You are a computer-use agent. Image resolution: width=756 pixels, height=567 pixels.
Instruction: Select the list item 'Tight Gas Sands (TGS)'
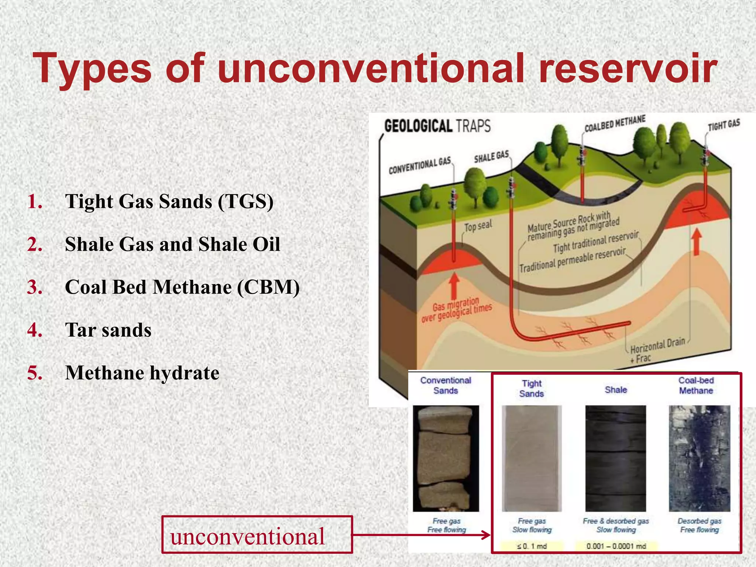pyautogui.click(x=169, y=202)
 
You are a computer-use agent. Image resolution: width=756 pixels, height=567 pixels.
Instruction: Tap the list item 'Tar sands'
pyautogui.click(x=108, y=330)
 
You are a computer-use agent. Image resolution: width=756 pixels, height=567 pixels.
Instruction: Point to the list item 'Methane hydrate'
pyautogui.click(x=142, y=372)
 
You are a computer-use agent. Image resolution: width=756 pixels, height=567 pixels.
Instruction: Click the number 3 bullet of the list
pyautogui.click(x=35, y=287)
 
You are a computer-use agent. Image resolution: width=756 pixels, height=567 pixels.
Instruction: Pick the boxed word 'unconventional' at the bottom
pyautogui.click(x=247, y=536)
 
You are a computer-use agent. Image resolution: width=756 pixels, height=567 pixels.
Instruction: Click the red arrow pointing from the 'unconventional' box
pyautogui.click(x=421, y=535)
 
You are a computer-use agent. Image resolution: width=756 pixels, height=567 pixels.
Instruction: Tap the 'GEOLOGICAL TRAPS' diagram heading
pyautogui.click(x=437, y=126)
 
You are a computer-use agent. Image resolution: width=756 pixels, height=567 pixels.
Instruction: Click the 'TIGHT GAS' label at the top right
pyautogui.click(x=724, y=125)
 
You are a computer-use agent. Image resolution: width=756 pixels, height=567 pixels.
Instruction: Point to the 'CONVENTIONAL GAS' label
pyautogui.click(x=420, y=165)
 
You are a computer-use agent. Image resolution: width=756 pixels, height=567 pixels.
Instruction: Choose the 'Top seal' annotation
pyautogui.click(x=478, y=226)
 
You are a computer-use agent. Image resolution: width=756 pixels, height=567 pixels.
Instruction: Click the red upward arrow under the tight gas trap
pyautogui.click(x=696, y=242)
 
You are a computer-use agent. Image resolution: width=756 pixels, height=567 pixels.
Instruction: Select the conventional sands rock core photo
pyautogui.click(x=446, y=458)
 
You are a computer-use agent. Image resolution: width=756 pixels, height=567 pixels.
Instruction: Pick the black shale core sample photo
pyautogui.click(x=616, y=458)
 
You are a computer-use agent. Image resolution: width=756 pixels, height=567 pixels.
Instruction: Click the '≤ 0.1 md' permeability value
pyautogui.click(x=532, y=546)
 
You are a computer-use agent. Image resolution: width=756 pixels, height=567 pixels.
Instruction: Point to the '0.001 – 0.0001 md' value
pyautogui.click(x=616, y=546)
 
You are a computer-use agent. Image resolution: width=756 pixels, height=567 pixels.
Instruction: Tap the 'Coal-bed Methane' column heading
pyautogui.click(x=696, y=385)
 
